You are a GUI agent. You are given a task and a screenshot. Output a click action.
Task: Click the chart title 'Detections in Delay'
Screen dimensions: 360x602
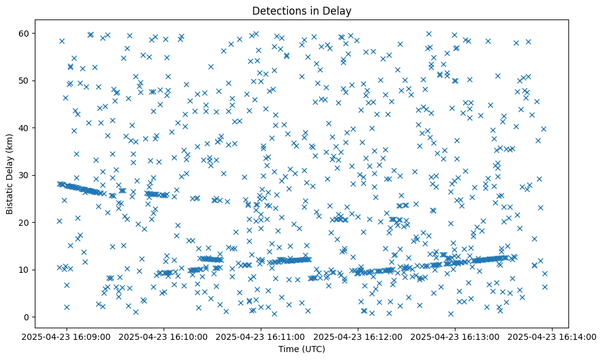[302, 10]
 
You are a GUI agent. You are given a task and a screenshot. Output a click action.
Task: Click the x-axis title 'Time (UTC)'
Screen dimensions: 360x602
[302, 349]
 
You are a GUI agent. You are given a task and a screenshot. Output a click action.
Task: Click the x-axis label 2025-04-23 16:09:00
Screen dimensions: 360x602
[67, 336]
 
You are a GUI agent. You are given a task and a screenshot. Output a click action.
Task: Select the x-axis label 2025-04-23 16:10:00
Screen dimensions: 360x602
[164, 336]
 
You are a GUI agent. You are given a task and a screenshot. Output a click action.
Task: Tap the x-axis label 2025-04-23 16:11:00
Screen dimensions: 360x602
[261, 336]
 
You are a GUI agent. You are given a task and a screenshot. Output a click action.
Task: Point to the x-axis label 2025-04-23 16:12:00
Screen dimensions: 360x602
[358, 336]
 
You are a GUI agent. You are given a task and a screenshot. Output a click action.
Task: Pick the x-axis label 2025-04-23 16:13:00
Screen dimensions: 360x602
[455, 336]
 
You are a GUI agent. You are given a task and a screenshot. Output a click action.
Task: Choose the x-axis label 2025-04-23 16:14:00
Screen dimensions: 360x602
[553, 336]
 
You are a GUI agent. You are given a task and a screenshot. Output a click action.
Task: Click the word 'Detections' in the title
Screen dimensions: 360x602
[276, 10]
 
